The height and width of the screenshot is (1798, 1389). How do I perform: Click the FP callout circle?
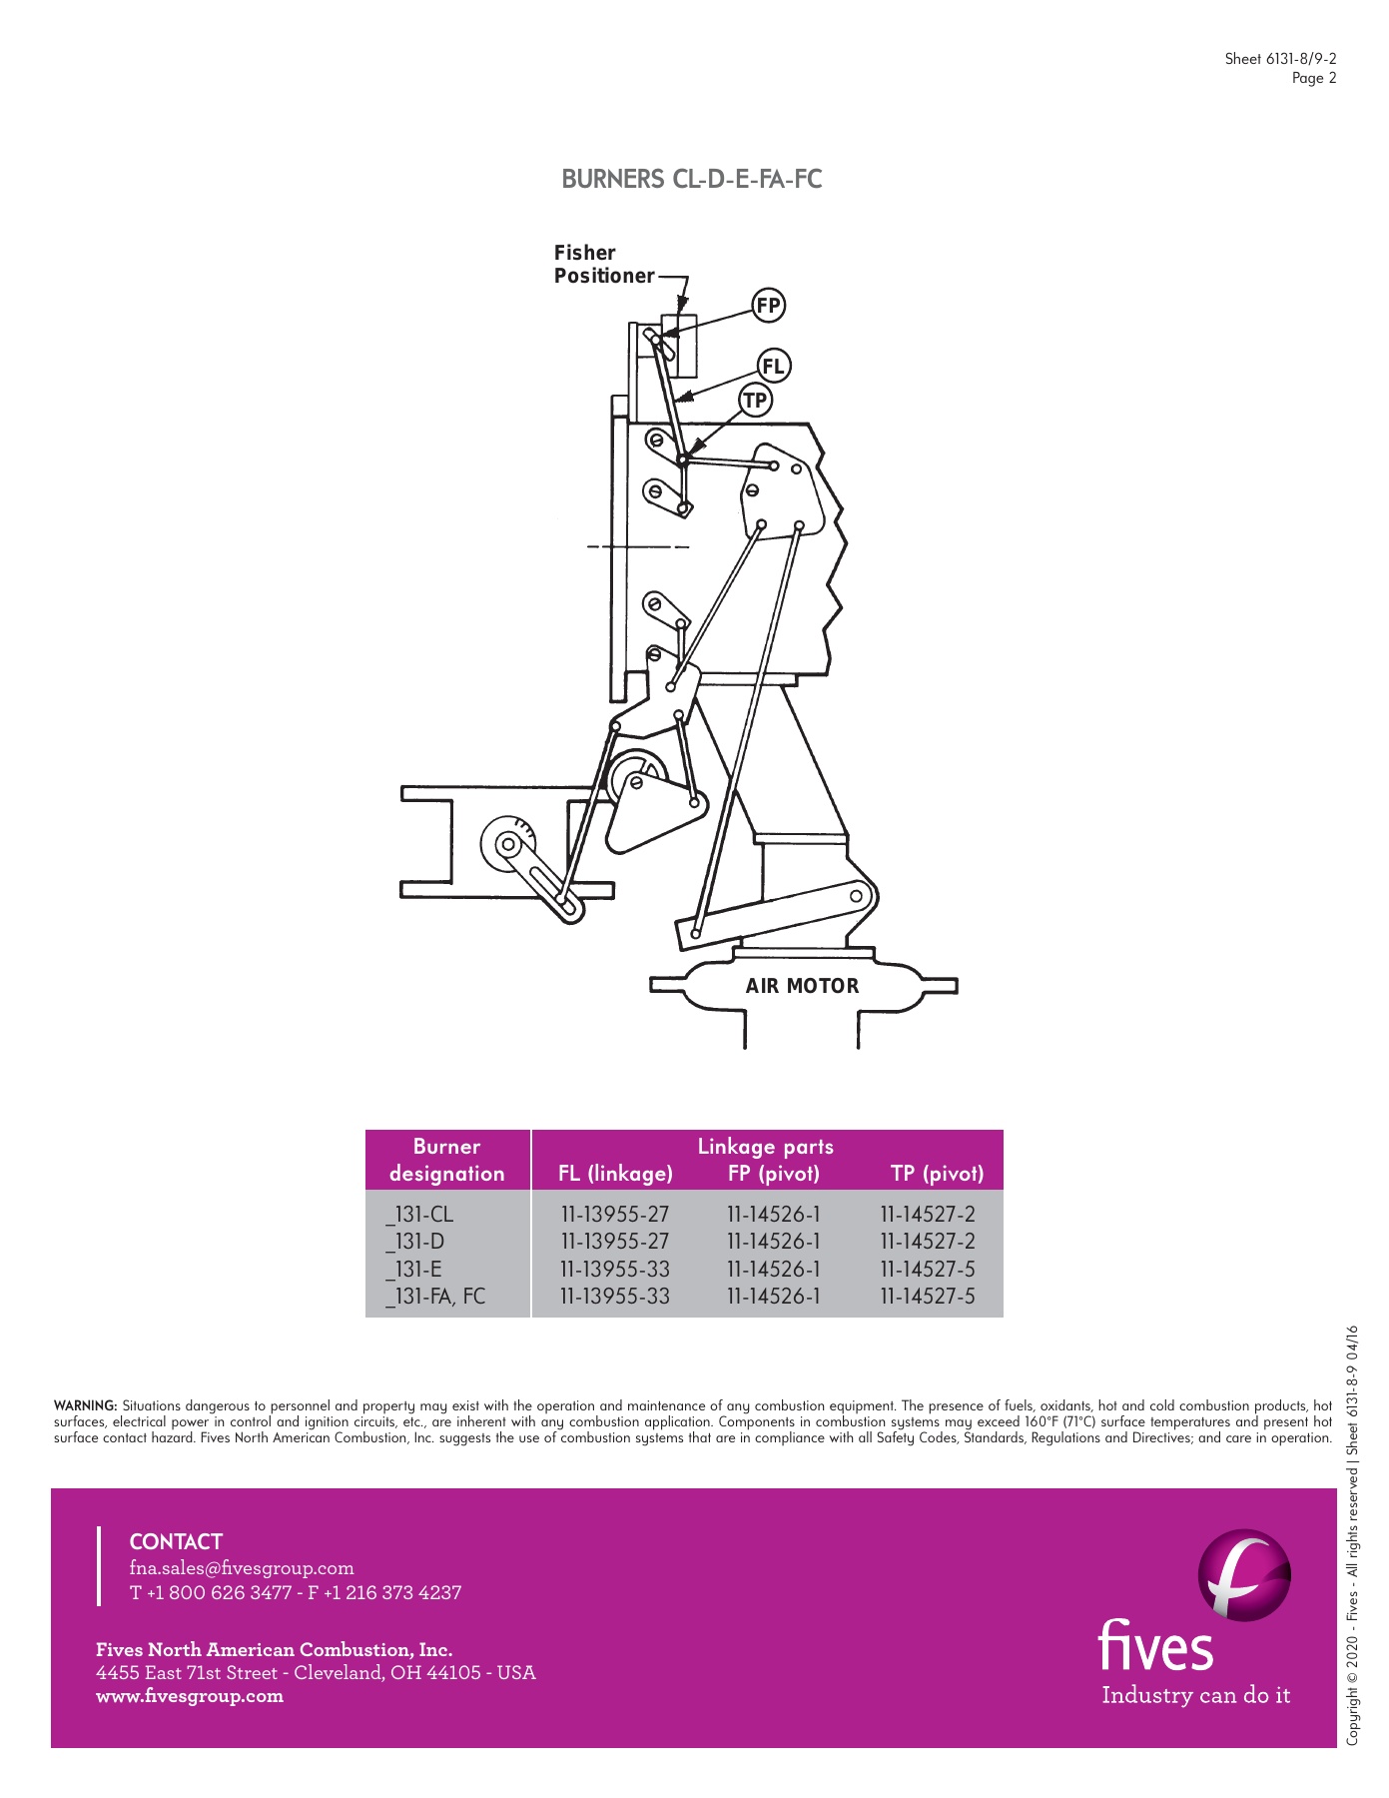click(768, 306)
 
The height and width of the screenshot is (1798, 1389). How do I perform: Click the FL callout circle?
click(773, 366)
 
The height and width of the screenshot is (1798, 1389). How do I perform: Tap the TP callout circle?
click(755, 401)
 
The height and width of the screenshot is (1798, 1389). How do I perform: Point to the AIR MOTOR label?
click(802, 986)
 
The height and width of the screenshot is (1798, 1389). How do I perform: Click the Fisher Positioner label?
click(603, 265)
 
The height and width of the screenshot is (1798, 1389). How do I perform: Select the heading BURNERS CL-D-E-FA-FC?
click(692, 180)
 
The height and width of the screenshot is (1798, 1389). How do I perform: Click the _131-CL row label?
click(420, 1215)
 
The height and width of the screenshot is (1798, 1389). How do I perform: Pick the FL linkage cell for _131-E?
click(614, 1270)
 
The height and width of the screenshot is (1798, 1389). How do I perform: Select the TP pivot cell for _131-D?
click(927, 1242)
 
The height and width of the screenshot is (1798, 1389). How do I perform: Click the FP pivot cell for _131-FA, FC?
click(773, 1297)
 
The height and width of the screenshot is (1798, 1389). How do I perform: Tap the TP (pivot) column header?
click(937, 1174)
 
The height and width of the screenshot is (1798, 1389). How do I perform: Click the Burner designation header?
click(446, 1160)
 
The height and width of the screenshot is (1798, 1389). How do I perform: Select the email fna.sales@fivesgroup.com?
click(242, 1568)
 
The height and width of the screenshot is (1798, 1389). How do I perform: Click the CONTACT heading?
click(176, 1541)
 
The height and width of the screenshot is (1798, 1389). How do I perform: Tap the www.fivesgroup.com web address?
click(190, 1696)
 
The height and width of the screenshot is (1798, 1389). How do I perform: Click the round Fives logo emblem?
click(1244, 1575)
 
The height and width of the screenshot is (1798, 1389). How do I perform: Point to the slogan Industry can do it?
click(1195, 1696)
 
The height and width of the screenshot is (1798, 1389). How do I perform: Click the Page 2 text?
click(1313, 78)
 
